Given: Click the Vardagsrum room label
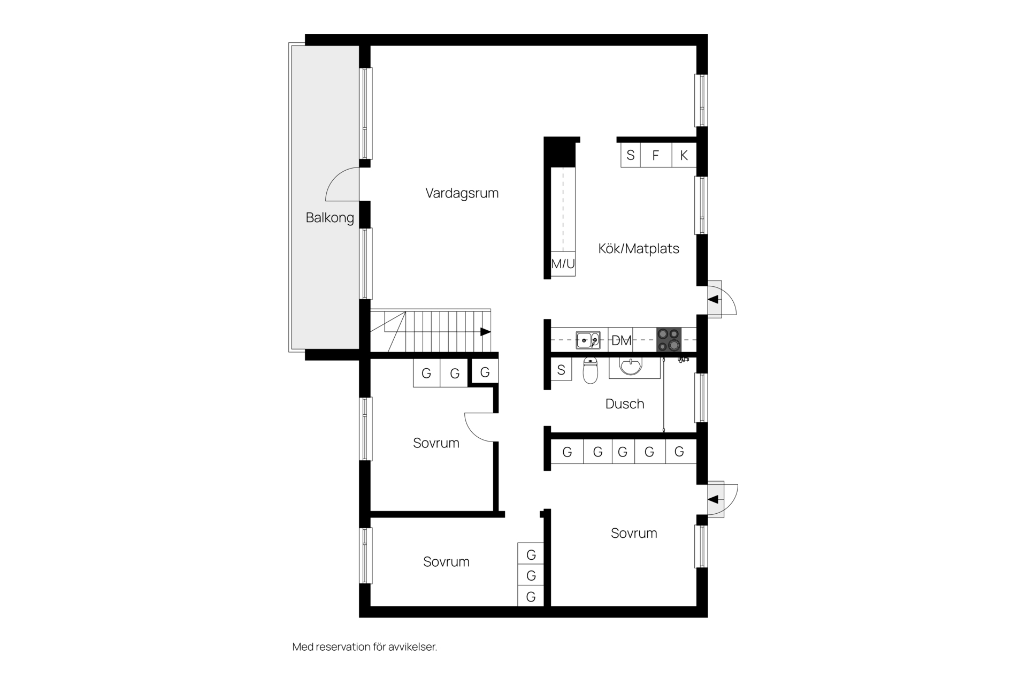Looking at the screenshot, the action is tap(462, 193).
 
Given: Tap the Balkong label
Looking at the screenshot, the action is tap(330, 218).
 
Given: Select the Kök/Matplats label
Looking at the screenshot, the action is tap(639, 248).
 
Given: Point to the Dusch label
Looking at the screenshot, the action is tap(625, 404).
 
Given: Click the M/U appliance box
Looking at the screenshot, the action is tap(563, 263).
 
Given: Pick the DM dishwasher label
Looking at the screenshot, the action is tap(621, 340).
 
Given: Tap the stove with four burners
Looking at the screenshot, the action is tap(669, 340).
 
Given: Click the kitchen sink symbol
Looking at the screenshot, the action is tap(588, 340).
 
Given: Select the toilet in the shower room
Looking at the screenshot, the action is tap(590, 370).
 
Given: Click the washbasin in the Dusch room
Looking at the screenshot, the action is tap(631, 367).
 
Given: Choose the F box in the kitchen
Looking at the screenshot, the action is tap(656, 155).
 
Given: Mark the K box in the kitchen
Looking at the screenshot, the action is tap(684, 155).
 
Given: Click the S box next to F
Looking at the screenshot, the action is tap(631, 155).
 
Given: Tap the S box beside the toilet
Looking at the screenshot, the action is tap(561, 369).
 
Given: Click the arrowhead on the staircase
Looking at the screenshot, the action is tap(486, 332).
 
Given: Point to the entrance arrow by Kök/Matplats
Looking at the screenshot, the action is tap(713, 300).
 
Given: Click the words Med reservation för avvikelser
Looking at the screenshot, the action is tap(365, 647).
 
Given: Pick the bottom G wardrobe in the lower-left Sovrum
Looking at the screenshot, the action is tap(531, 596).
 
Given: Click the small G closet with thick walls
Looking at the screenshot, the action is tap(485, 372).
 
